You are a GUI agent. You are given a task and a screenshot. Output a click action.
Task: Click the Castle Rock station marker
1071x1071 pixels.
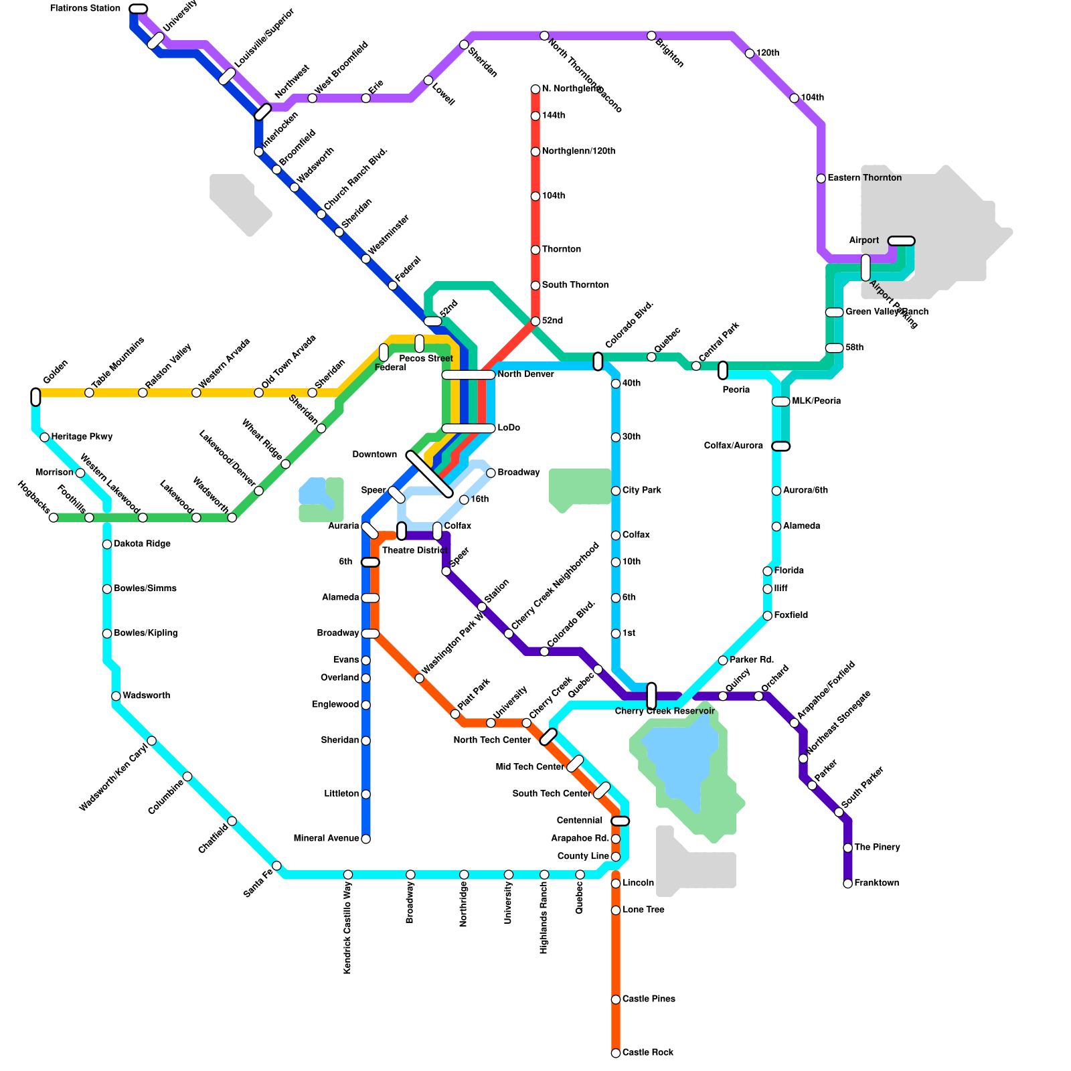click(x=616, y=1053)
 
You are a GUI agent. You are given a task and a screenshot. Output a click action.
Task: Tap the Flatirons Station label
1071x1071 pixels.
click(x=85, y=9)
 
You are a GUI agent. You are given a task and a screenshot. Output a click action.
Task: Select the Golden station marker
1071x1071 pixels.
click(x=35, y=397)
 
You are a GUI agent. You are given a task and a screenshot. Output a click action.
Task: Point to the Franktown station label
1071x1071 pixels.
click(x=876, y=884)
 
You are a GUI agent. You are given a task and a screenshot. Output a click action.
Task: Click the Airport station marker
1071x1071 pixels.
click(x=901, y=241)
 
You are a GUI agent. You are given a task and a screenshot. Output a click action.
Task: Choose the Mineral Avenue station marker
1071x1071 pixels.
click(x=365, y=839)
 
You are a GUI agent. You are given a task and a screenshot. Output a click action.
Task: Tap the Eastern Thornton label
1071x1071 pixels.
click(x=864, y=178)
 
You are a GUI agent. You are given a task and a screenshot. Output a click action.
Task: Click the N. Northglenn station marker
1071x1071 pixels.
click(x=535, y=89)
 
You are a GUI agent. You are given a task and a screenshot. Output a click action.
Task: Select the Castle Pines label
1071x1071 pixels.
click(x=648, y=999)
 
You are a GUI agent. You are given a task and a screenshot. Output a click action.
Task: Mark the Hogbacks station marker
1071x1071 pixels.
click(x=54, y=517)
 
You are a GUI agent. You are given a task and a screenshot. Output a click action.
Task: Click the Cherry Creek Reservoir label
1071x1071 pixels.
click(x=665, y=711)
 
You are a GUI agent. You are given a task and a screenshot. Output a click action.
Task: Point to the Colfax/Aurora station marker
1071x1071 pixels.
click(x=780, y=446)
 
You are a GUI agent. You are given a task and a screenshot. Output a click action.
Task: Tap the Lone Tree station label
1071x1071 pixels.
click(x=643, y=910)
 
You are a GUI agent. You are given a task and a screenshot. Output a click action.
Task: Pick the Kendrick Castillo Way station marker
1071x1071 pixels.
click(x=348, y=875)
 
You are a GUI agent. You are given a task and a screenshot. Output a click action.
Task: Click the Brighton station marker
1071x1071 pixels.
click(x=651, y=35)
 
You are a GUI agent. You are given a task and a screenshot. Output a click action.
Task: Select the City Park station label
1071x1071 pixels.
click(x=641, y=491)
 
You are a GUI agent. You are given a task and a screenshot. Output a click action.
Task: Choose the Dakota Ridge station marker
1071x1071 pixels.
click(x=107, y=544)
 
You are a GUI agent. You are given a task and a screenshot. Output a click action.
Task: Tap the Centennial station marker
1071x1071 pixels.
click(x=621, y=821)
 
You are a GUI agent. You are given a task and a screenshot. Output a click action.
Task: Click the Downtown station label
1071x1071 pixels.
click(x=375, y=455)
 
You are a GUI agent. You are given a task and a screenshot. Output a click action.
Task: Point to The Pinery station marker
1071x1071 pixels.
click(x=847, y=848)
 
